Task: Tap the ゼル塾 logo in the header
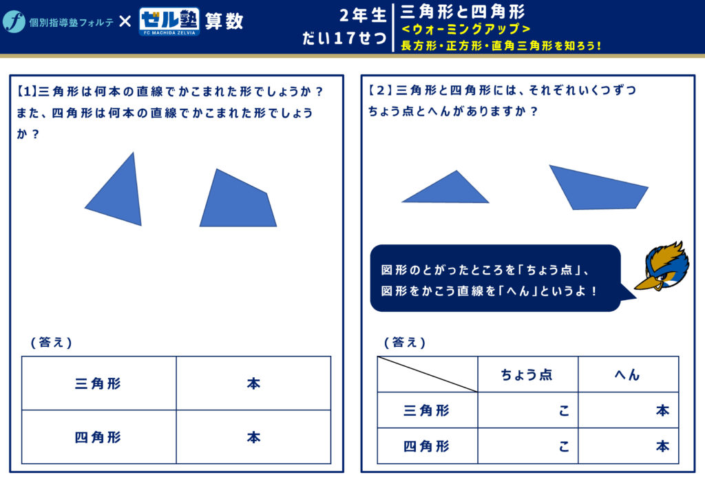pos(169,21)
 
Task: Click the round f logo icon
pos(14,21)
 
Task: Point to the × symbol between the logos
pos(125,21)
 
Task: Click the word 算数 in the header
pos(224,21)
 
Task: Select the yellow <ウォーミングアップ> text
pos(466,29)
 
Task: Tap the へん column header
pos(628,374)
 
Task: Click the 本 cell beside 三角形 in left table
pos(253,383)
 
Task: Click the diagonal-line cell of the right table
pos(427,374)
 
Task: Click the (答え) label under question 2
pos(405,342)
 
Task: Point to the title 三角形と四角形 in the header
pos(463,12)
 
